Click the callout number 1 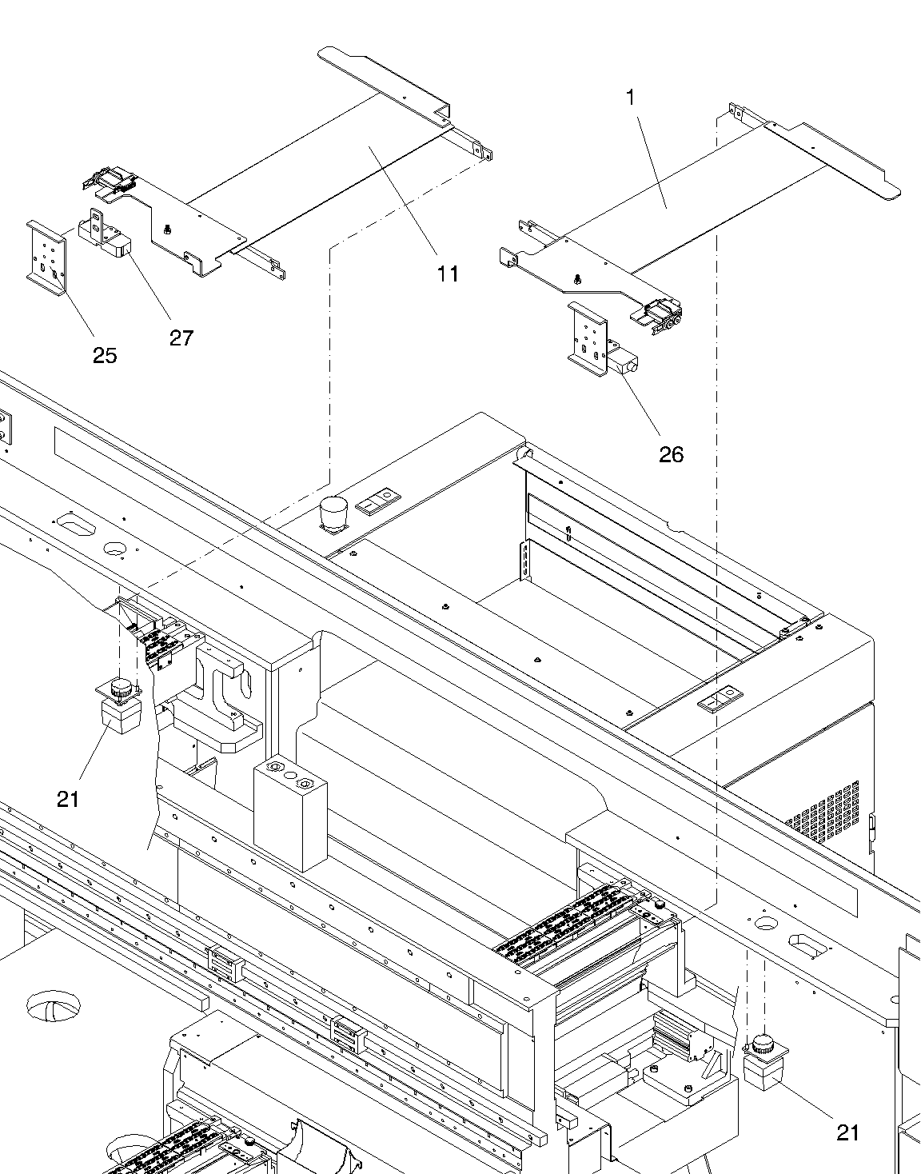[631, 98]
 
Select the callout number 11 [448, 274]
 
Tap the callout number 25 [105, 355]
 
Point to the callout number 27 [181, 337]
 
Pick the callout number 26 [672, 454]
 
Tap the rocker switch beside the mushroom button [377, 501]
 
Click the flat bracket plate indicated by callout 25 [46, 254]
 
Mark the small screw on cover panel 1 [577, 279]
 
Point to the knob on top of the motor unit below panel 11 [122, 686]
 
